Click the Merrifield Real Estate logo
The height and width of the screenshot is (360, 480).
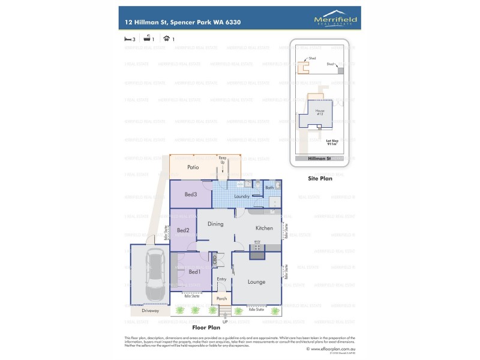coord(335,19)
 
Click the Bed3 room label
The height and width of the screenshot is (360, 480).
coord(190,194)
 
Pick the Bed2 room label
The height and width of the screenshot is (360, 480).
coord(183,230)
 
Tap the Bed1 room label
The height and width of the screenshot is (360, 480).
coord(194,272)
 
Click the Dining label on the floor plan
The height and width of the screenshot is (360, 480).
coord(215,224)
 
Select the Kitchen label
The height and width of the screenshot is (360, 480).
coord(264,228)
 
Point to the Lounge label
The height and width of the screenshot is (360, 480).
coord(256,281)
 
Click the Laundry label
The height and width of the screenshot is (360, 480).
coord(242,196)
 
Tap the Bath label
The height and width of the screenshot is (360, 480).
coord(269,188)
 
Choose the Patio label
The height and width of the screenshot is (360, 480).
coord(193,167)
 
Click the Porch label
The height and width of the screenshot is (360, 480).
coord(221,298)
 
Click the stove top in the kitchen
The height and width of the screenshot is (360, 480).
coord(257,246)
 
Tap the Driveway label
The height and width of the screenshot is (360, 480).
coord(151,310)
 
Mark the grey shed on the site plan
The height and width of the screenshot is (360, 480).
coord(341,70)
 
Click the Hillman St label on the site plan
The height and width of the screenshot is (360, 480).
coord(320,158)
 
